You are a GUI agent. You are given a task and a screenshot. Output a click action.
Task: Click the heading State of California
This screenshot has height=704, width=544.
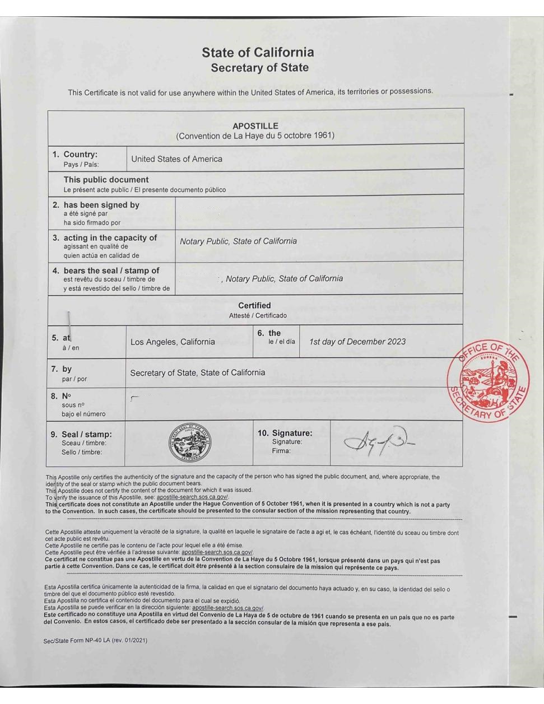pyautogui.click(x=258, y=53)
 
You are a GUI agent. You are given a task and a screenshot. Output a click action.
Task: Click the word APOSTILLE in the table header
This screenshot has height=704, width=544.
pyautogui.click(x=255, y=126)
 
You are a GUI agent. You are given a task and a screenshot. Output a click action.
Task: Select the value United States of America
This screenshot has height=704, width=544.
pyautogui.click(x=176, y=159)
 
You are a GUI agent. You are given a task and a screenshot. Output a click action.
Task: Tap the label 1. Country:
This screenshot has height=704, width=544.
pyautogui.click(x=80, y=155)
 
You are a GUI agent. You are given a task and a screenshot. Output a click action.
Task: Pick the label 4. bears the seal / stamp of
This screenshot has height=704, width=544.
pyautogui.click(x=111, y=271)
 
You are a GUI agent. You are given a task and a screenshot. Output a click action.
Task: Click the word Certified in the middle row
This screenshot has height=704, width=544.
pyautogui.click(x=254, y=306)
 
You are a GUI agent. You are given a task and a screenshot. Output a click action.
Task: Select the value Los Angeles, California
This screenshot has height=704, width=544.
pyautogui.click(x=173, y=342)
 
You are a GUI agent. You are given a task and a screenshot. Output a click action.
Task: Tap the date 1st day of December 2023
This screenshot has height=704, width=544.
pyautogui.click(x=357, y=342)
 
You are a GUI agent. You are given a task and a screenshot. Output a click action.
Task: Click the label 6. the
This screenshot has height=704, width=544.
pyautogui.click(x=269, y=333)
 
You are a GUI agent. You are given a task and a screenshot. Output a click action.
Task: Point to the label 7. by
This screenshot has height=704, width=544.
pyautogui.click(x=67, y=369)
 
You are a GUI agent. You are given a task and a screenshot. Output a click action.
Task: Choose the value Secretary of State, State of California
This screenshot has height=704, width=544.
pyautogui.click(x=198, y=372)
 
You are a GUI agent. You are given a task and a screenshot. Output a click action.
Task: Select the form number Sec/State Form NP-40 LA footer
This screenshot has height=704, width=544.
pyautogui.click(x=95, y=640)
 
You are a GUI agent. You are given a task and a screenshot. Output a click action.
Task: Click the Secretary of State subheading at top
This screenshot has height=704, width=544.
pyautogui.click(x=259, y=68)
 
